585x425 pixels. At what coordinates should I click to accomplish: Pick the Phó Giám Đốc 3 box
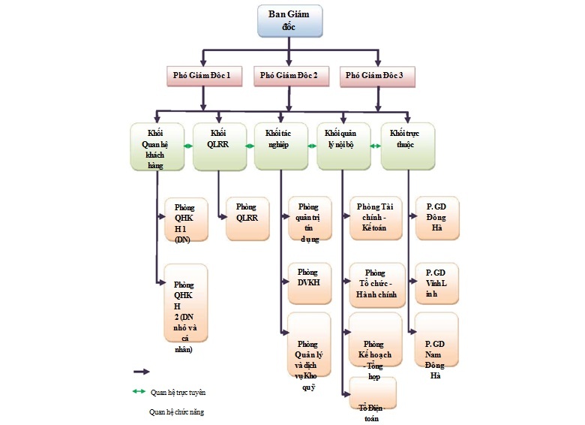pyautogui.click(x=376, y=75)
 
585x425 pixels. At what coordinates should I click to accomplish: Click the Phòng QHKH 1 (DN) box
pyautogui.click(x=187, y=219)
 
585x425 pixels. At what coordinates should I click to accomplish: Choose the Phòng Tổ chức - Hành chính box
pyautogui.click(x=374, y=284)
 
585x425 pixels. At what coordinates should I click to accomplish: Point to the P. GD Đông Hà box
pyautogui.click(x=436, y=219)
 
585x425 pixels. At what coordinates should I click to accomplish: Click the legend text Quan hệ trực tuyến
pyautogui.click(x=177, y=392)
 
